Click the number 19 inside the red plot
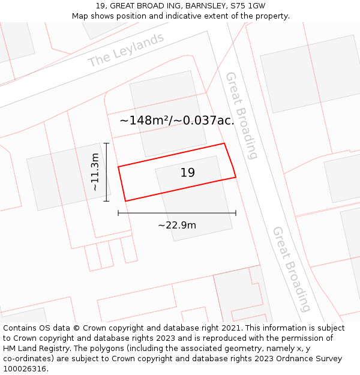(x=187, y=173)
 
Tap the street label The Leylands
(x=125, y=50)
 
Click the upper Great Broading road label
(x=241, y=116)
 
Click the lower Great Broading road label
(x=292, y=269)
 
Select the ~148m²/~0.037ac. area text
(x=176, y=121)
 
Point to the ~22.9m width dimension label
(x=177, y=225)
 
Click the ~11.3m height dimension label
(x=95, y=172)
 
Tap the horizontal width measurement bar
(x=177, y=212)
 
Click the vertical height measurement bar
(x=106, y=172)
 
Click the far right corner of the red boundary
(x=235, y=177)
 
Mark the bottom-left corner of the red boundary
(x=125, y=201)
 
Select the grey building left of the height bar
(x=66, y=177)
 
